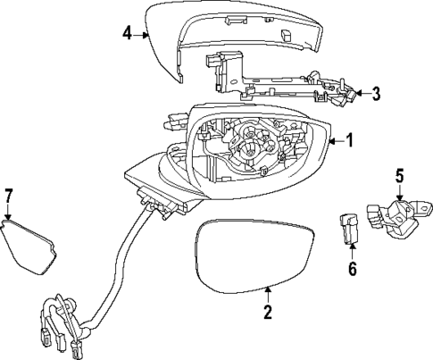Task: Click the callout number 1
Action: [350, 140]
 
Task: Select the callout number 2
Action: [266, 312]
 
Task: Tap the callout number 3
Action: [376, 92]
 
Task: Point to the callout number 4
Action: [128, 33]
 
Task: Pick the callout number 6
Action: [352, 269]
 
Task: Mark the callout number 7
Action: [9, 196]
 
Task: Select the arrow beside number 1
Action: [334, 140]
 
